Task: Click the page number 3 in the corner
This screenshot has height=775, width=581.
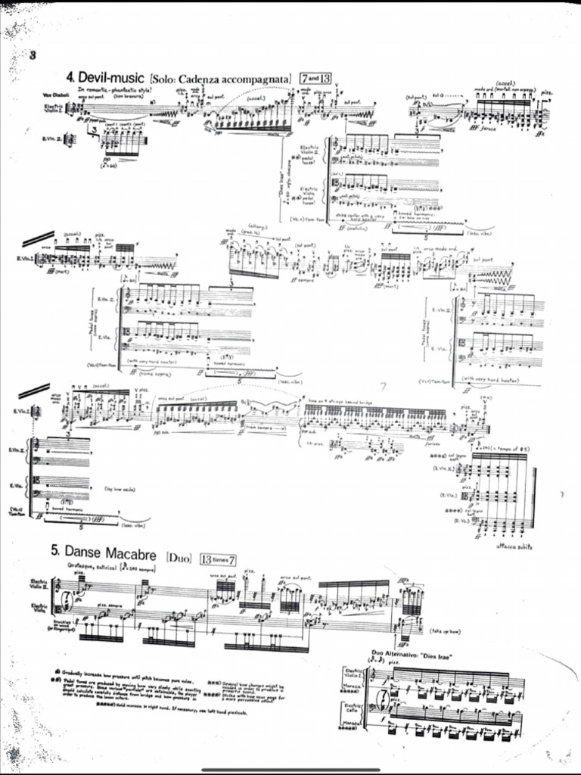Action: point(33,54)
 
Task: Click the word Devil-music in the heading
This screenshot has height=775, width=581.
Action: point(112,78)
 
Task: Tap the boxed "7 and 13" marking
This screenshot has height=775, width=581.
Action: point(316,78)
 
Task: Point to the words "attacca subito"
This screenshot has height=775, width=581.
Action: point(516,546)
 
